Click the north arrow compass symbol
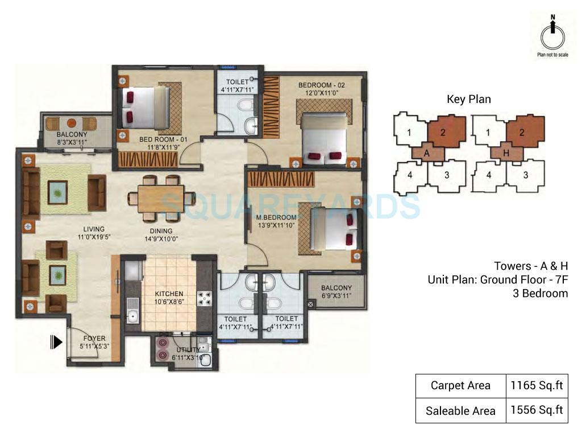(551, 35)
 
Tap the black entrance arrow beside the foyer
(56, 341)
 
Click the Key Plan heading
(468, 99)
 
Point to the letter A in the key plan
(425, 152)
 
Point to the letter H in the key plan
(504, 152)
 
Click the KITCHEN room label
(169, 294)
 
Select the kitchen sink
(132, 315)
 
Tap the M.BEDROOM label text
(276, 218)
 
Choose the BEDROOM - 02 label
(322, 85)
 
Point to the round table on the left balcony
(72, 122)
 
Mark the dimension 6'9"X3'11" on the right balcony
(336, 296)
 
